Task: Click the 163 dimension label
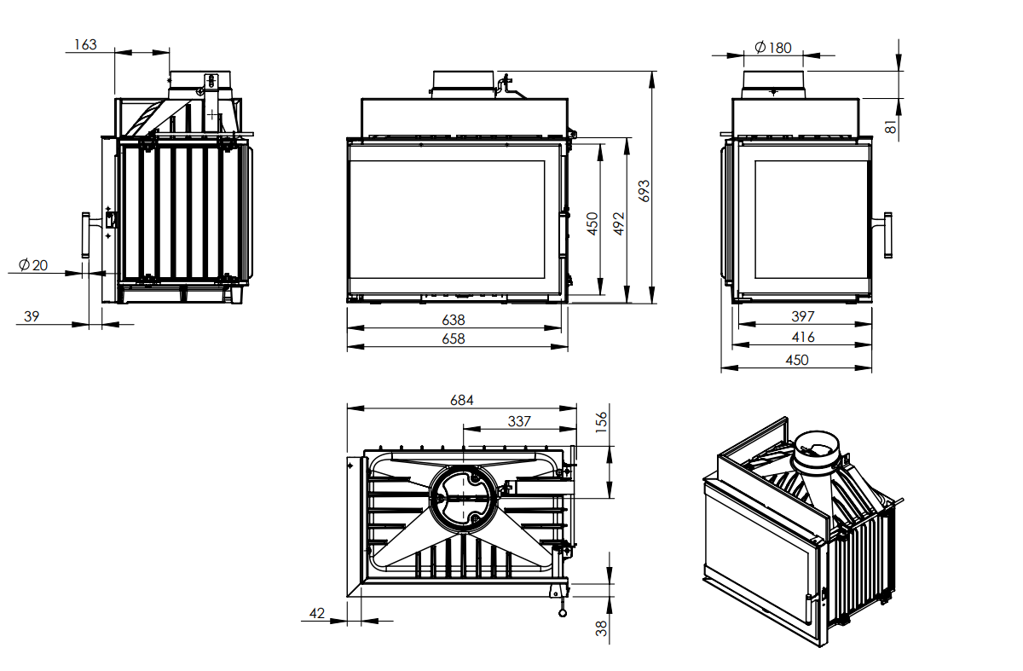pyautogui.click(x=85, y=44)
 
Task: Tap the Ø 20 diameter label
pyautogui.click(x=33, y=265)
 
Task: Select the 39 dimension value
pyautogui.click(x=32, y=316)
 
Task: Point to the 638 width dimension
pyautogui.click(x=454, y=320)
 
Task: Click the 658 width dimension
pyautogui.click(x=454, y=338)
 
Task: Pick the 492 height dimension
pyautogui.click(x=620, y=223)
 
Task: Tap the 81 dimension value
pyautogui.click(x=891, y=126)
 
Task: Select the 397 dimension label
pyautogui.click(x=803, y=317)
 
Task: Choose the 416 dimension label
pyautogui.click(x=803, y=338)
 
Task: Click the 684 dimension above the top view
pyautogui.click(x=460, y=399)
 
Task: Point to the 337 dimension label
pyautogui.click(x=518, y=420)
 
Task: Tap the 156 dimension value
pyautogui.click(x=602, y=421)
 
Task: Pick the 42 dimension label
pyautogui.click(x=317, y=613)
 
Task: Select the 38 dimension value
pyautogui.click(x=602, y=629)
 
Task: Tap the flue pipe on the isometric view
pyautogui.click(x=818, y=460)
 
